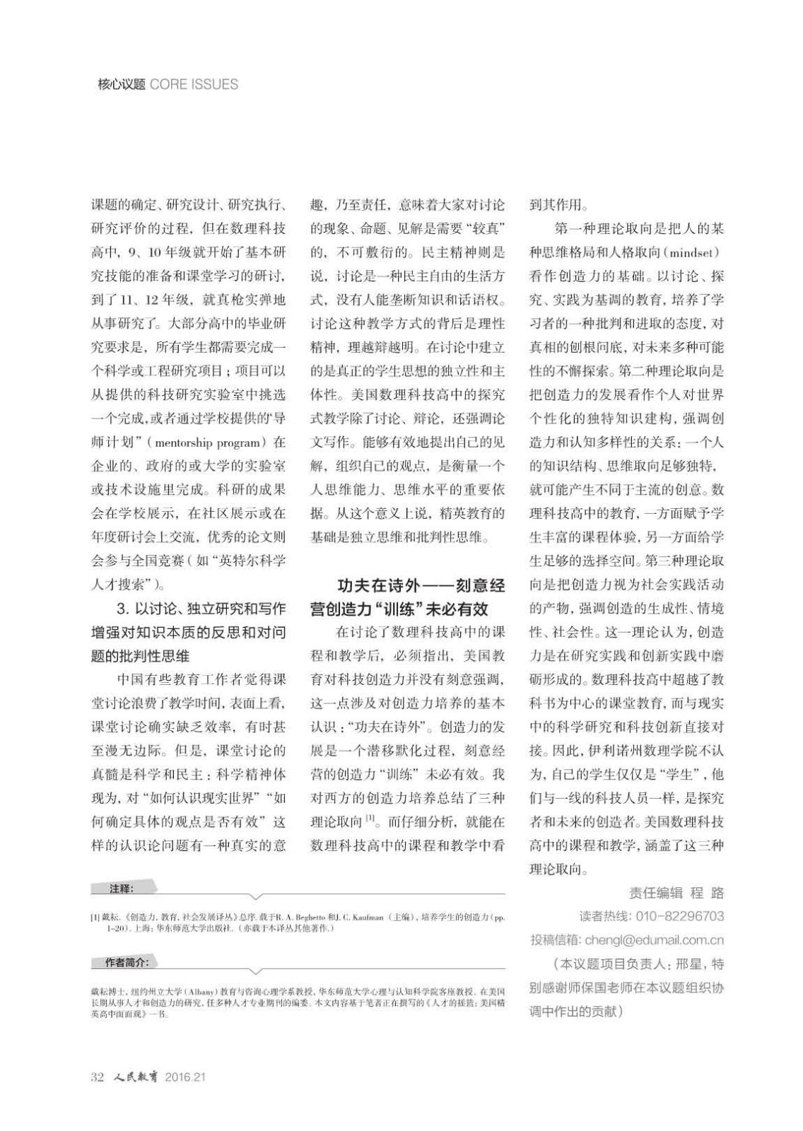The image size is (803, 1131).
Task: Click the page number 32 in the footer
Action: pyautogui.click(x=98, y=1077)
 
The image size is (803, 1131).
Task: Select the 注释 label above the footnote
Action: pyautogui.click(x=121, y=889)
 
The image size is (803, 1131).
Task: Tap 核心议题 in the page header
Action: pyautogui.click(x=121, y=84)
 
